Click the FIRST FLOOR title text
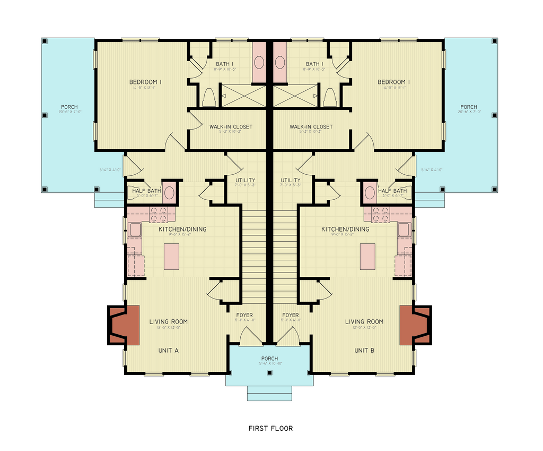(270, 428)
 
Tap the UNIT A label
(168, 351)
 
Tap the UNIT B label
(364, 351)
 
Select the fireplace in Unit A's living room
(125, 324)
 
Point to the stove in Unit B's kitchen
(380, 214)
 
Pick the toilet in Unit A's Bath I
(209, 97)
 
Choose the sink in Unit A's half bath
(169, 192)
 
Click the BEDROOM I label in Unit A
(145, 82)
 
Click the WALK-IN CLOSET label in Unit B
(311, 127)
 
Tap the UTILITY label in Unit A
(246, 181)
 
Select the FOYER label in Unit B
(290, 315)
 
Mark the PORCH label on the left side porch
(69, 107)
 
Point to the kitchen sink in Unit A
(135, 229)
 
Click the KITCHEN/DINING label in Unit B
(345, 229)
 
